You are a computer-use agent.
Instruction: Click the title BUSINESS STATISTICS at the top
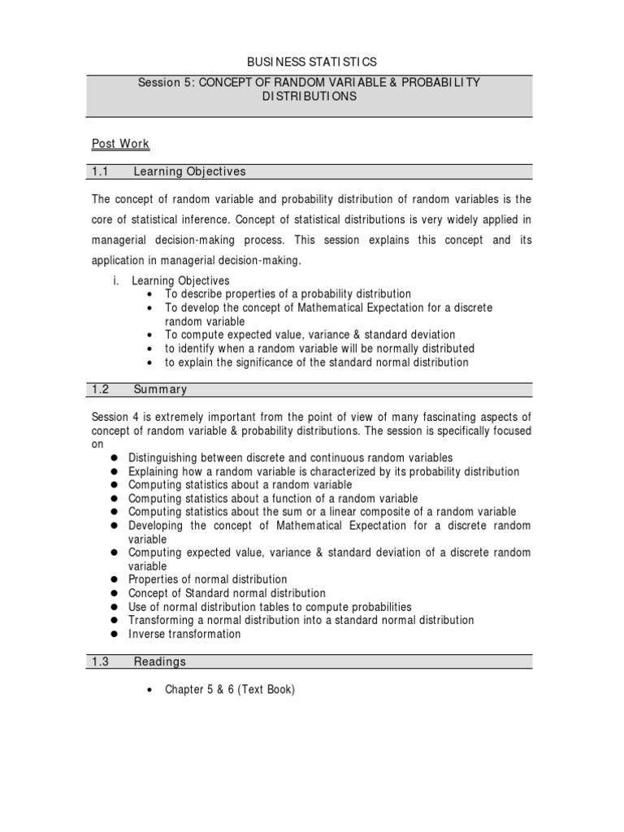click(x=311, y=62)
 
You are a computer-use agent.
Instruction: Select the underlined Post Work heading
click(x=120, y=144)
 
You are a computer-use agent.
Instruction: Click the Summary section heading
click(x=160, y=389)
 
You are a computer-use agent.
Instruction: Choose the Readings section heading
click(x=159, y=661)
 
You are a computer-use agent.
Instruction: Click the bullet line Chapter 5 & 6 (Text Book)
click(x=230, y=690)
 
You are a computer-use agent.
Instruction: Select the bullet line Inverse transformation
click(x=184, y=634)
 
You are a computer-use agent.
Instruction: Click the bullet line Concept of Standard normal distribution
click(x=227, y=593)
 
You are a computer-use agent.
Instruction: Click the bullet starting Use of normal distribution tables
click(x=270, y=607)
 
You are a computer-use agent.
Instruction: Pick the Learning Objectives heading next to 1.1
click(x=189, y=171)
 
